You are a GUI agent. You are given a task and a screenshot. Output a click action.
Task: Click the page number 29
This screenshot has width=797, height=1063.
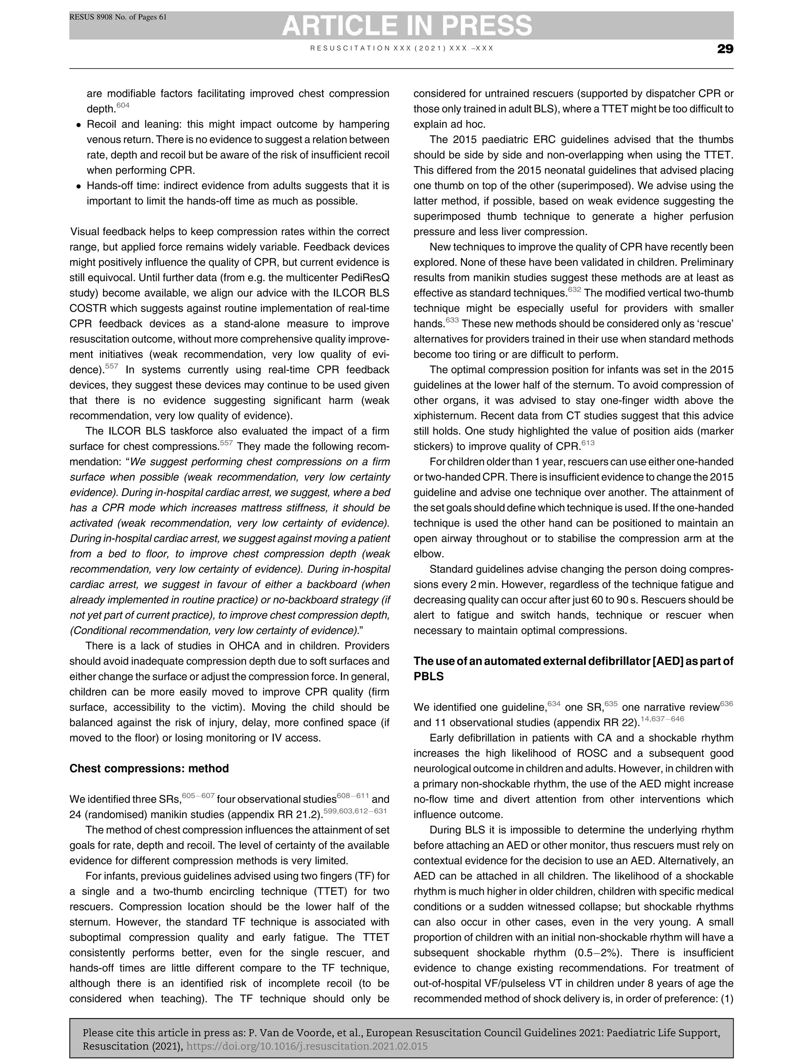(x=725, y=49)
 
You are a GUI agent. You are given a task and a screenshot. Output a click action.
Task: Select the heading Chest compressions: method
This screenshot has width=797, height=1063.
(x=149, y=768)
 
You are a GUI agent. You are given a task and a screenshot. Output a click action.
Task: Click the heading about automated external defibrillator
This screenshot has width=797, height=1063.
(x=573, y=668)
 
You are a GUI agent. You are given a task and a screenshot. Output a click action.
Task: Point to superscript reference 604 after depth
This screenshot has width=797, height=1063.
(x=123, y=105)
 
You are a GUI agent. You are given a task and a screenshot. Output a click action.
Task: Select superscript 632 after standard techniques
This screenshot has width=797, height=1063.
(x=574, y=289)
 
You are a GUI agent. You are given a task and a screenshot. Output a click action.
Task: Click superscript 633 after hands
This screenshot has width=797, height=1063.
(x=452, y=320)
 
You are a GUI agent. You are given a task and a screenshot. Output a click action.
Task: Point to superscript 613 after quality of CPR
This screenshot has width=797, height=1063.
(x=588, y=443)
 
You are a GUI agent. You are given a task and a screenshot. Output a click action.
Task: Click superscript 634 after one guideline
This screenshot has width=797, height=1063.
(x=554, y=703)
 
